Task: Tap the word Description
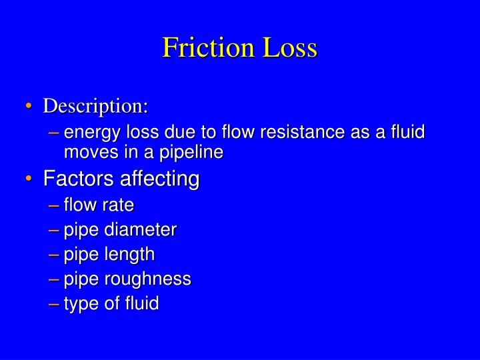coord(95,106)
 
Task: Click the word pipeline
coord(193,153)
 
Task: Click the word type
coord(80,305)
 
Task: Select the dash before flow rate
coord(55,205)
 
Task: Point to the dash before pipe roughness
coord(55,279)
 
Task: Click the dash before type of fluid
coord(55,304)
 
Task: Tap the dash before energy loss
coord(55,132)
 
